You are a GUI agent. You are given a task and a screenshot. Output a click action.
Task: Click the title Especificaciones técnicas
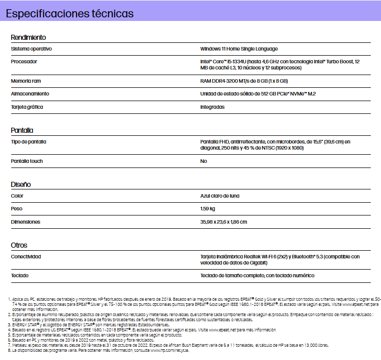tap(70, 14)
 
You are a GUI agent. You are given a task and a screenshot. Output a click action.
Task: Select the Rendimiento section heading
tap(29, 37)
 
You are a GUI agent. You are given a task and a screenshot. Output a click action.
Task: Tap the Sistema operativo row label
tap(32, 49)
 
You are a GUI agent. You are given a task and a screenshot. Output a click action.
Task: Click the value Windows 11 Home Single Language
tap(239, 49)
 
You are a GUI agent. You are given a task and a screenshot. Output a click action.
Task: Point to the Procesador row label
tap(24, 61)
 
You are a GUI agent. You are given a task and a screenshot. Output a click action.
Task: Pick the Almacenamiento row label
tap(30, 94)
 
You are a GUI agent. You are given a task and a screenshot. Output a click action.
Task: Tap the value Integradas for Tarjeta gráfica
tap(212, 107)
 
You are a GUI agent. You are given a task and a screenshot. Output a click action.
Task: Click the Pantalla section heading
tap(22, 130)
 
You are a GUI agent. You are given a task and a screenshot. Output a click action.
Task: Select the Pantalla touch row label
tap(27, 161)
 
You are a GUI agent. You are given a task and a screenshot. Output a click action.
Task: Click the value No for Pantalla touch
tap(204, 161)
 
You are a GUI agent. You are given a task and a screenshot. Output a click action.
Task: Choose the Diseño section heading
tap(21, 184)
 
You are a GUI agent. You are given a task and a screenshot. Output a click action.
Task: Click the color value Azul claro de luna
tap(220, 196)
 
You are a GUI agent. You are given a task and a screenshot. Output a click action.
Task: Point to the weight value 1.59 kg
tap(208, 209)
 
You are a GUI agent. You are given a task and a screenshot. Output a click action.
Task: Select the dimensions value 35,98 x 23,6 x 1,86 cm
tap(223, 222)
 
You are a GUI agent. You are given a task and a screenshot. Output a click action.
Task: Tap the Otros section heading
tap(19, 245)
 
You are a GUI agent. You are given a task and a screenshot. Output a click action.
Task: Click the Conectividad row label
tap(26, 256)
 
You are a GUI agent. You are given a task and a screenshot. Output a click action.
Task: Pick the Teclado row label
tap(20, 275)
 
